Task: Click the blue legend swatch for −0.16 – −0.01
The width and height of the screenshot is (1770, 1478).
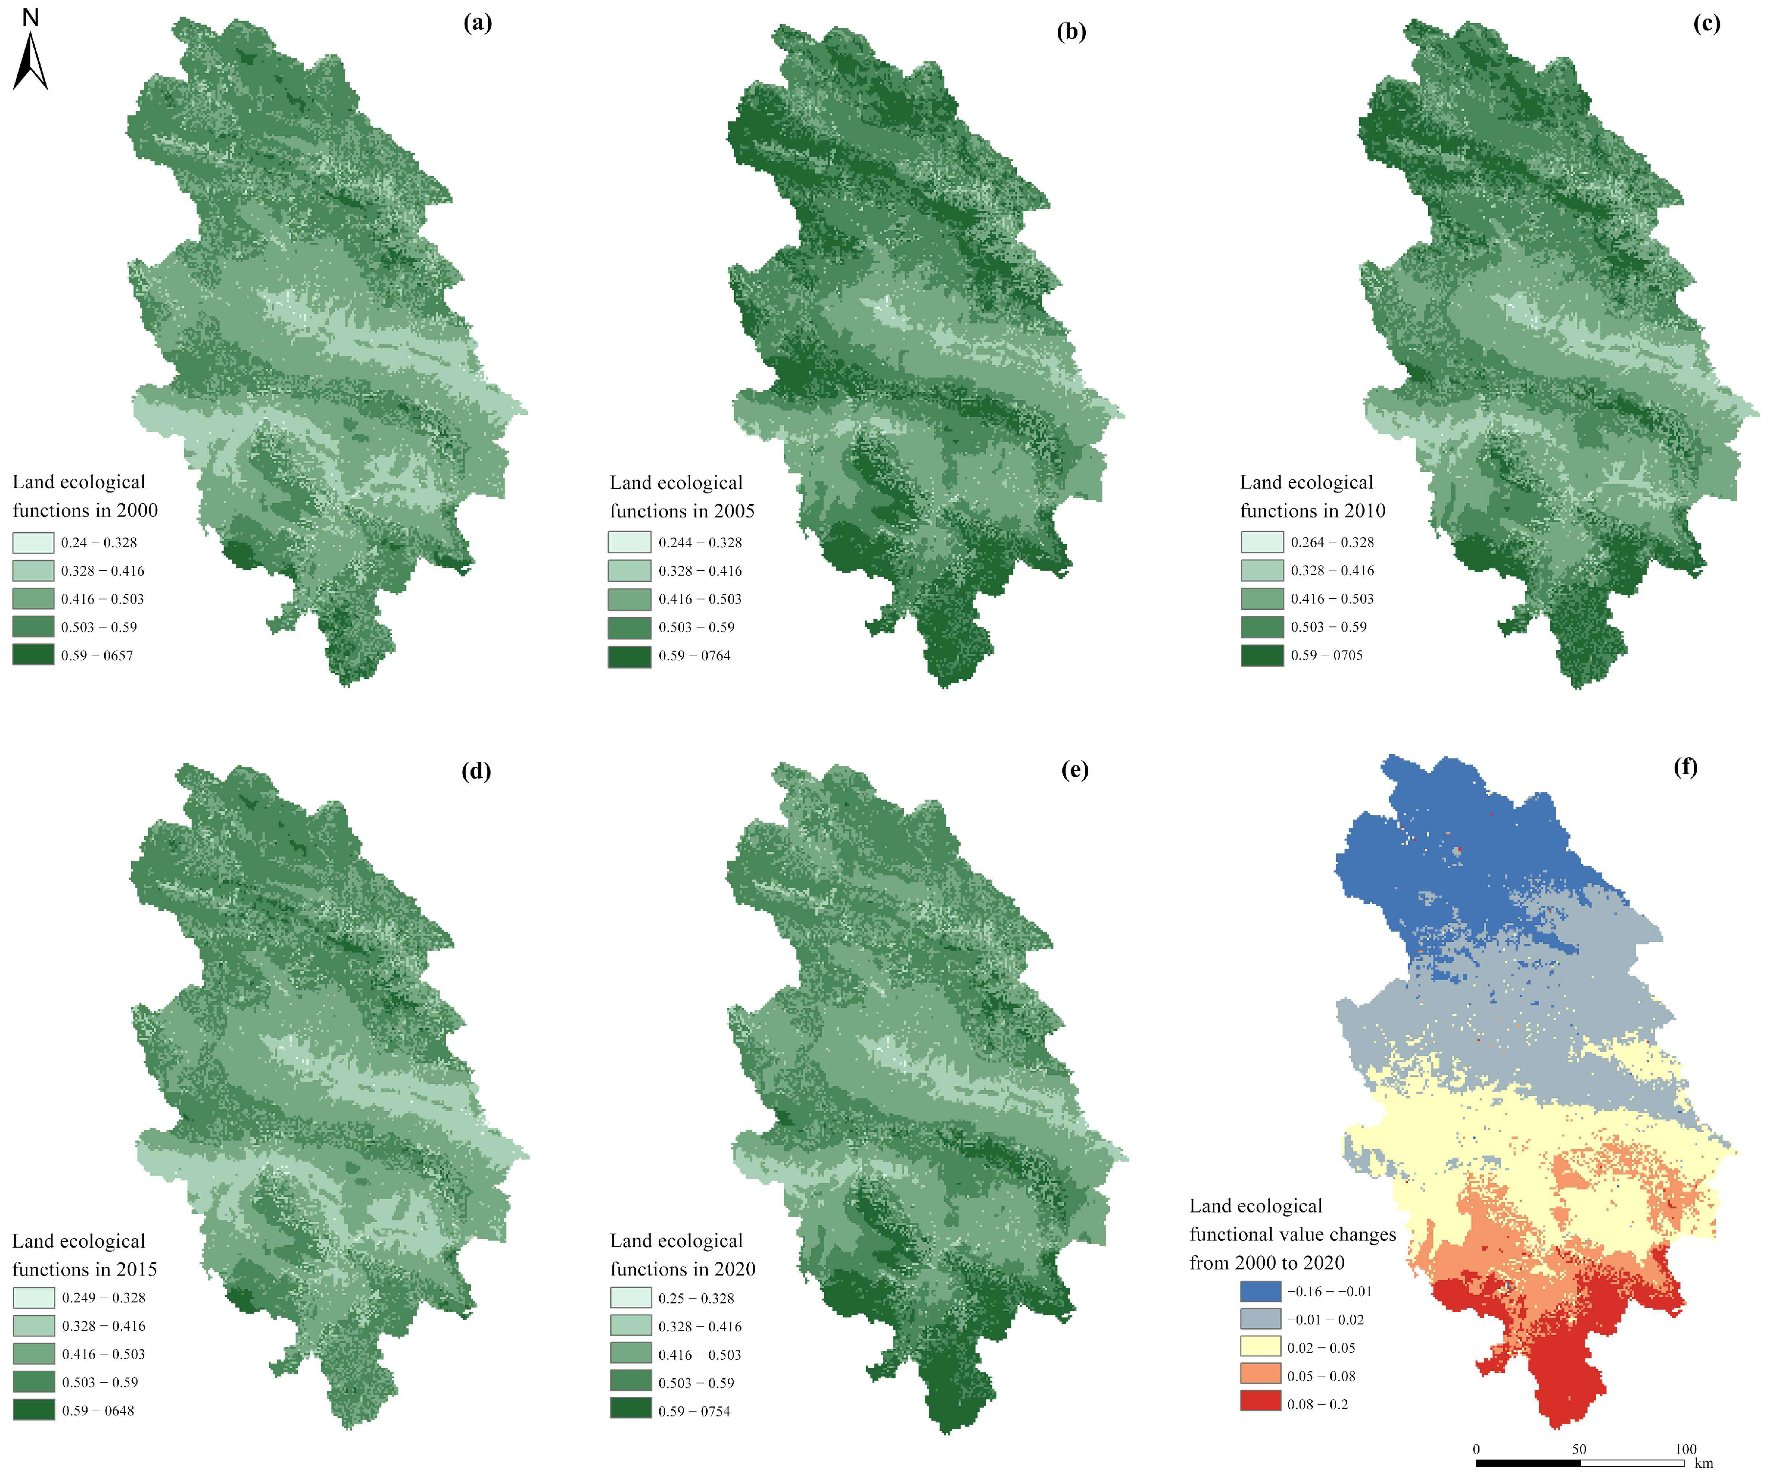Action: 1260,1291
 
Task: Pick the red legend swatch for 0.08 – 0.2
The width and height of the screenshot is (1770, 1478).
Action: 1260,1404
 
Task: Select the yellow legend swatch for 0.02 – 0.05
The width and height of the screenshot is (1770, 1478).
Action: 1260,1347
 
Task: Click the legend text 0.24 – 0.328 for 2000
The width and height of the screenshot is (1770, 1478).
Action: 99,543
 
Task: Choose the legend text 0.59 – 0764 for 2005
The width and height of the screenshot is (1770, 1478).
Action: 695,655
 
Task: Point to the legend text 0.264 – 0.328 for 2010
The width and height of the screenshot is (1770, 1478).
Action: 1332,542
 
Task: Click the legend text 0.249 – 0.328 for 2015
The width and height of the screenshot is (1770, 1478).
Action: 103,1298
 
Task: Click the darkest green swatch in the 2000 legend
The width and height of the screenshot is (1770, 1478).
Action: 33,655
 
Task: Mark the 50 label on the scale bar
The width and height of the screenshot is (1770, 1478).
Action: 1579,1449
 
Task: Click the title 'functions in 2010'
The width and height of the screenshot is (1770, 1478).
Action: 1312,511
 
